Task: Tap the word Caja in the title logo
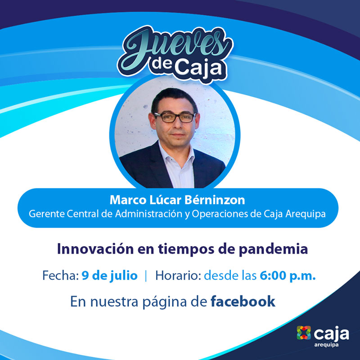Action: click(x=199, y=69)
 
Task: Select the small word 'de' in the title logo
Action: click(x=162, y=63)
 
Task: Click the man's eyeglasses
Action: click(x=175, y=117)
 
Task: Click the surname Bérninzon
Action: click(x=215, y=200)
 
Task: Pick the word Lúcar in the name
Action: click(x=165, y=200)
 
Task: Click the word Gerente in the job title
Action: click(x=47, y=214)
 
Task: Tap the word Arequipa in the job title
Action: click(x=306, y=215)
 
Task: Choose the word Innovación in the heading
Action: click(x=95, y=249)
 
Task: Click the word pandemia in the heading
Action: click(x=273, y=249)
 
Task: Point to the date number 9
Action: click(x=85, y=276)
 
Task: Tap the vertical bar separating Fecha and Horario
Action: click(x=146, y=276)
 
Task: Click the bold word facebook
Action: click(x=243, y=301)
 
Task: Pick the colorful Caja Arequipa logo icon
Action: click(x=304, y=333)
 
